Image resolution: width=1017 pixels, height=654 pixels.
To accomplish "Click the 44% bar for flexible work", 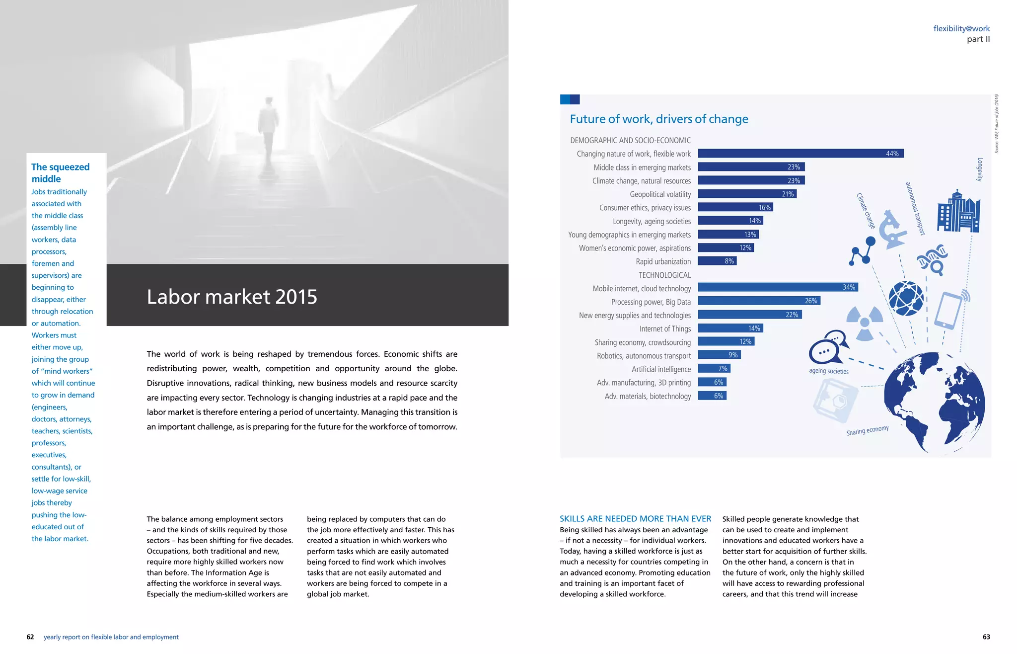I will [x=800, y=154].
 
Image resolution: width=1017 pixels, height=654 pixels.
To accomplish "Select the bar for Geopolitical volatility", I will [x=747, y=194].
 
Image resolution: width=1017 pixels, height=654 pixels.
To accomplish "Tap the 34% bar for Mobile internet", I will [x=778, y=287].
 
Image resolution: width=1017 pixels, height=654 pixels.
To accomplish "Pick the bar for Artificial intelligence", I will [x=714, y=369].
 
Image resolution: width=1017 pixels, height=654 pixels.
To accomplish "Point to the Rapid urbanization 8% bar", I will [x=717, y=261].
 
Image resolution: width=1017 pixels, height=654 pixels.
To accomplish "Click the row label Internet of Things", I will [x=665, y=329].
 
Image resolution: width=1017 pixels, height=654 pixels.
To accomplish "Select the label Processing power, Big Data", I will [x=651, y=302].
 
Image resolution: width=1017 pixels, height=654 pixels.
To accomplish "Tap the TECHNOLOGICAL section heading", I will [x=664, y=275].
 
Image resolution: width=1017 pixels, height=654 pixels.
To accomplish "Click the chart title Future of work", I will [x=658, y=119].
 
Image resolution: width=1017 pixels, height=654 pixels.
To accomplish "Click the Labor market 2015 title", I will [x=232, y=297].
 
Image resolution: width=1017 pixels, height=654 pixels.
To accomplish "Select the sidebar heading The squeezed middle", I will [x=60, y=173].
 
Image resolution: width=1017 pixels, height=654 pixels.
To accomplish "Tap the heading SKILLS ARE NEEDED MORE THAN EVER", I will [x=635, y=519].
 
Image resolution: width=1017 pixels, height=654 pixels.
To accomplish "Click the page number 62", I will [x=30, y=637].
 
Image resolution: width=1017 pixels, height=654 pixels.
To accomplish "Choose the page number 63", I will [x=986, y=637].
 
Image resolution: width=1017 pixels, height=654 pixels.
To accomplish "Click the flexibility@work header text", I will [x=961, y=29].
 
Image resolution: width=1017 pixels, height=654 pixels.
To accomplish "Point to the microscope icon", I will [x=892, y=229].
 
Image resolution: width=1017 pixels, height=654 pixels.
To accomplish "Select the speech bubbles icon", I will [x=828, y=347].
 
